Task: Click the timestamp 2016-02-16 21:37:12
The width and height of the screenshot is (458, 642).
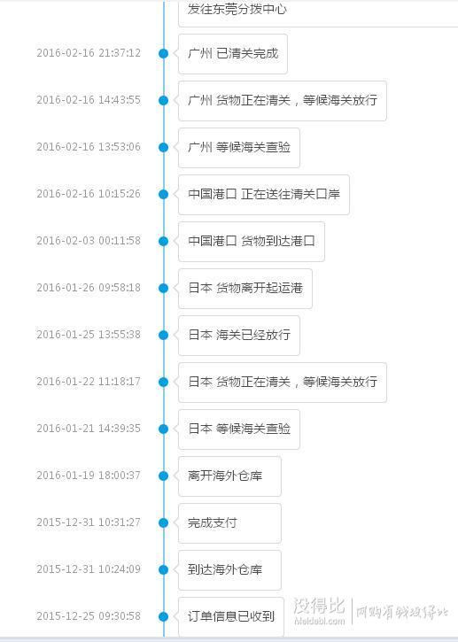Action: coord(89,53)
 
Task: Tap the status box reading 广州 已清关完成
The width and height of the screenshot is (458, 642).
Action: coord(233,54)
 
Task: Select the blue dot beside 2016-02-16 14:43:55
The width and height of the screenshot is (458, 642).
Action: coord(164,100)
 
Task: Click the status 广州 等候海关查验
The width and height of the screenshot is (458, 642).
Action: coord(239,147)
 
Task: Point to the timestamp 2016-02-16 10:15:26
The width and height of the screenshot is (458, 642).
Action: coord(89,194)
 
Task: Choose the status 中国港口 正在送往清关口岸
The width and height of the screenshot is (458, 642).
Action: coord(264,194)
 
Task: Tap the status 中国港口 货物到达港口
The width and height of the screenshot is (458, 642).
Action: coord(252,241)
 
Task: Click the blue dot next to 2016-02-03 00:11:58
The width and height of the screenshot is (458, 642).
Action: coord(164,241)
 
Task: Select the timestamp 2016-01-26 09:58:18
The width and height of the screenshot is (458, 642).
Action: coord(89,288)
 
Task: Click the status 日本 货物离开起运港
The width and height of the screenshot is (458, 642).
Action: coord(245,288)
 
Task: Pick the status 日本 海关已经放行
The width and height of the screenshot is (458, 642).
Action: coord(239,335)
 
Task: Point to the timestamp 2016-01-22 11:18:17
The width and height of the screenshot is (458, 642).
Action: coord(89,382)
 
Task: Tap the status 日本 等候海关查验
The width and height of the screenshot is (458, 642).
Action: coord(239,429)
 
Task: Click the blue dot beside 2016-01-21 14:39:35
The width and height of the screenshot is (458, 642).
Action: coord(164,429)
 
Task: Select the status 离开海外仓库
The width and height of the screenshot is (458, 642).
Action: coord(225,476)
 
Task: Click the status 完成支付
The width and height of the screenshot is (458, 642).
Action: coord(213,522)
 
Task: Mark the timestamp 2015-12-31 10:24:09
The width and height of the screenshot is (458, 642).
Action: coord(89,569)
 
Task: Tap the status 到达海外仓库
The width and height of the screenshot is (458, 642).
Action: coord(225,569)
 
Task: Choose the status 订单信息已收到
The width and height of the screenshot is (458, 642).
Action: coord(231,616)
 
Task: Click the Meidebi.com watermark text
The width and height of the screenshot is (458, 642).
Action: coord(320,621)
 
